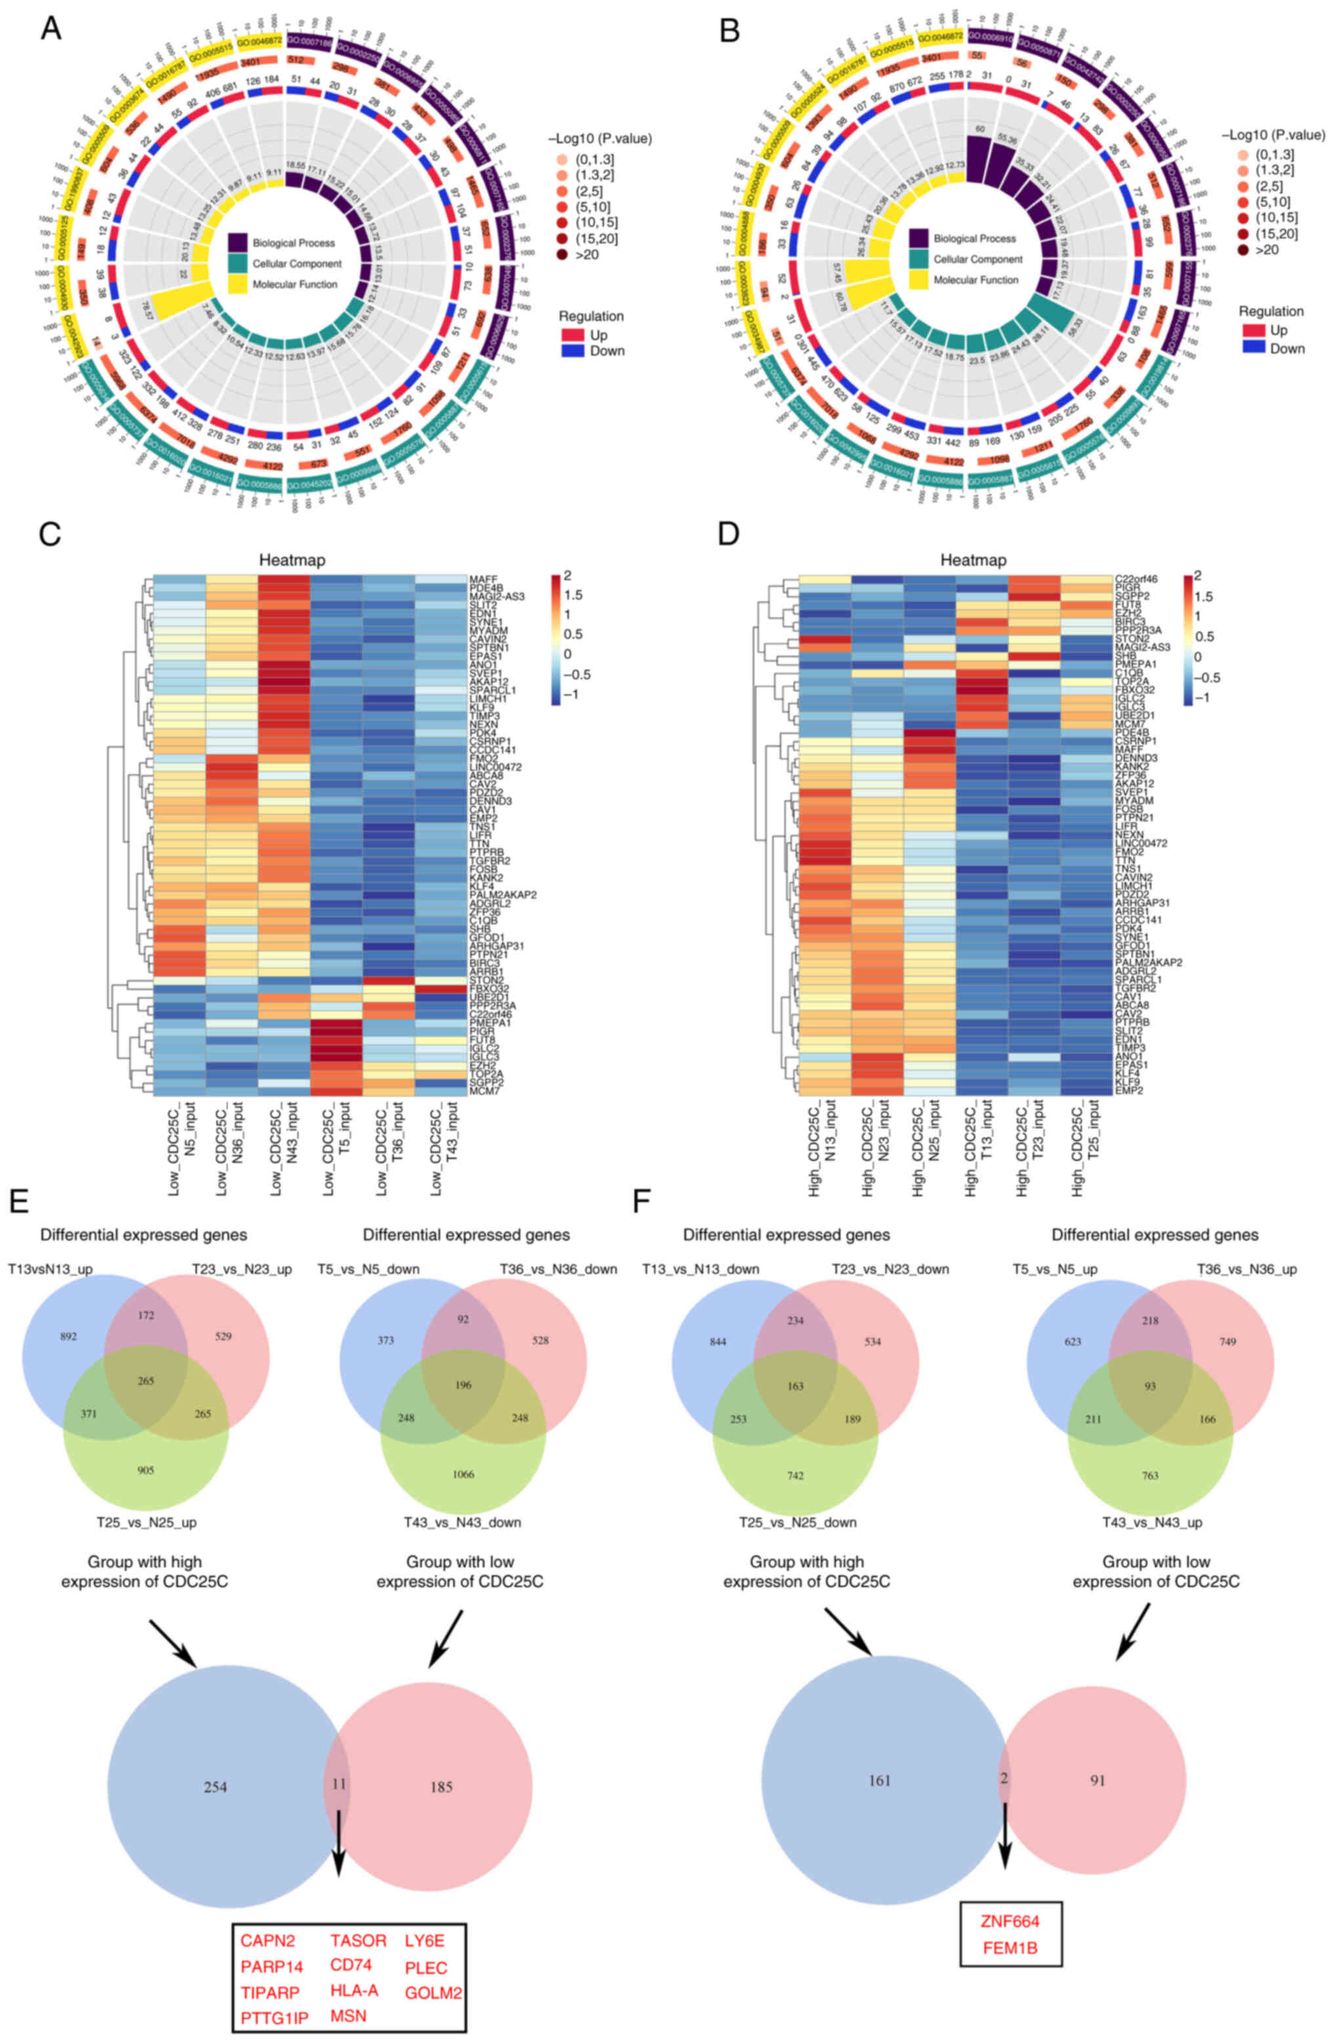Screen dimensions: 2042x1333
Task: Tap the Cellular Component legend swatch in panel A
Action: click(237, 264)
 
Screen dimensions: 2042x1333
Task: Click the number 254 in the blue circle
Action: click(215, 1786)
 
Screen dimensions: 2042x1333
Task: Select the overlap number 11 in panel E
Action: click(339, 1784)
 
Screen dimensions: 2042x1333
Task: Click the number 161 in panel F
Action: click(879, 1780)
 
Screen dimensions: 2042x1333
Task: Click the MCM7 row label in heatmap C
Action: click(483, 1091)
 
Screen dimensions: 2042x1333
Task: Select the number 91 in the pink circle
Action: click(1097, 1780)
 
